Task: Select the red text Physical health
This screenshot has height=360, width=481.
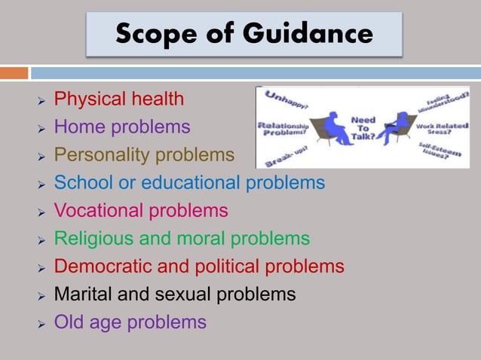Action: pyautogui.click(x=119, y=99)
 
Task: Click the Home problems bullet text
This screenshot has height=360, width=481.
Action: pyautogui.click(x=122, y=127)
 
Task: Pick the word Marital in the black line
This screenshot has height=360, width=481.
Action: pyautogui.click(x=84, y=294)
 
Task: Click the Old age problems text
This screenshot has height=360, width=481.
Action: pyautogui.click(x=130, y=322)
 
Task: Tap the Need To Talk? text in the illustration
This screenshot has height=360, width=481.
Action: pyautogui.click(x=363, y=129)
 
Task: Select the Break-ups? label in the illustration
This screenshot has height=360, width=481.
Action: pyautogui.click(x=280, y=153)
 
